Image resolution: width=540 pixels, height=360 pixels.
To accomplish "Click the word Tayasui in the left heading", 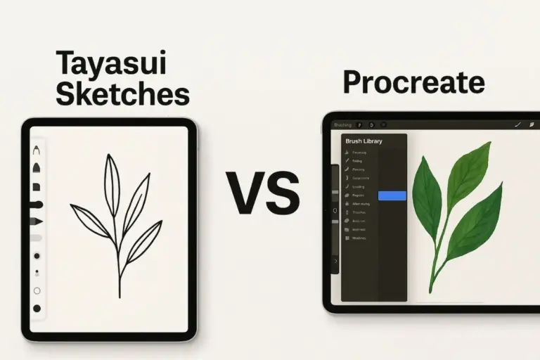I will pos(112,64).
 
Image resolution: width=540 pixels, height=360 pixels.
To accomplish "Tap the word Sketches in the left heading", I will pos(123,93).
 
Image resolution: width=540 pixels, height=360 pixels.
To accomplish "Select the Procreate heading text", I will pos(413,83).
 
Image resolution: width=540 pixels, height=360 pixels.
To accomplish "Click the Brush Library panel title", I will pos(364,141).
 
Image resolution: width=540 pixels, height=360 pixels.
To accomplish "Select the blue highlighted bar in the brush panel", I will pos(392,195).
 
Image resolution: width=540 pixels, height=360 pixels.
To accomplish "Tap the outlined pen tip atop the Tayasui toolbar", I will pos(36,150).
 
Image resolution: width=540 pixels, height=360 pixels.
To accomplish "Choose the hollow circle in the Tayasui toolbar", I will pos(37,290).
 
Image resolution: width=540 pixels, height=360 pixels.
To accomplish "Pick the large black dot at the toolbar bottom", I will pos(37,308).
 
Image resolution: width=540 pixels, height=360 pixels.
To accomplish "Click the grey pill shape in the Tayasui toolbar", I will pos(37,238).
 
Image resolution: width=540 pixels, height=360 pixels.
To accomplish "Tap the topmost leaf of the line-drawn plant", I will pos(111,175).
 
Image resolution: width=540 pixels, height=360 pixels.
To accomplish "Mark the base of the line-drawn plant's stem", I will pos(120,295).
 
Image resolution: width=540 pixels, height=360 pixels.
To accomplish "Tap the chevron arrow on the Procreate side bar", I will pos(335,261).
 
